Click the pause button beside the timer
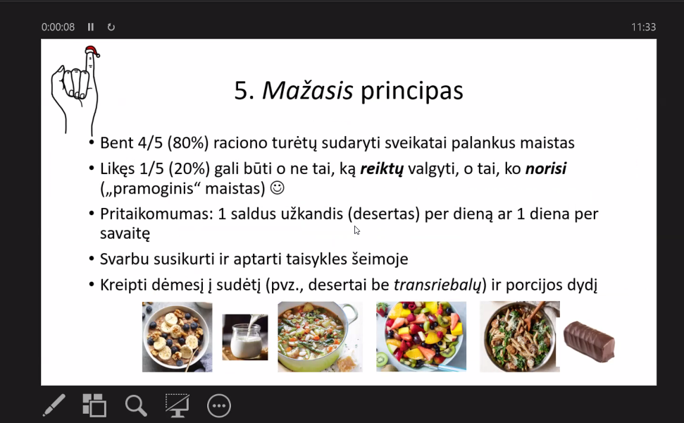click(91, 27)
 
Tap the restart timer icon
click(111, 27)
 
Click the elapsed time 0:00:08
click(58, 27)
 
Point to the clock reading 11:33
click(643, 27)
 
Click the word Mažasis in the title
click(308, 90)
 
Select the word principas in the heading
click(412, 92)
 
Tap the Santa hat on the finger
click(92, 51)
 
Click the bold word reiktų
click(382, 169)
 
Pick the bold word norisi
click(546, 168)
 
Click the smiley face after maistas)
click(278, 188)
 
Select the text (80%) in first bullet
click(188, 143)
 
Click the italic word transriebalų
click(437, 285)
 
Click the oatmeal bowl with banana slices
click(177, 336)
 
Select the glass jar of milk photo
click(245, 337)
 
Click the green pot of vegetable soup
click(320, 336)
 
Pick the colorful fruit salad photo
click(421, 336)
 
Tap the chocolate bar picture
click(589, 342)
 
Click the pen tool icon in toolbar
click(54, 405)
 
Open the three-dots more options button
click(219, 406)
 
